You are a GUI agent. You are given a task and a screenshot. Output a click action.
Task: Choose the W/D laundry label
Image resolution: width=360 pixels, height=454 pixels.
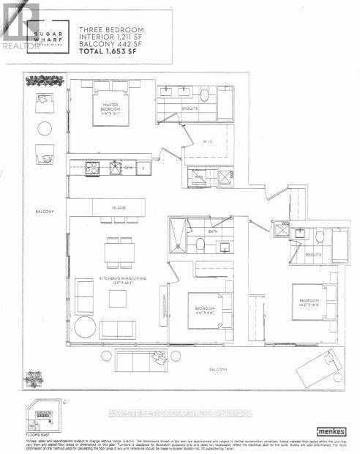click(199, 176)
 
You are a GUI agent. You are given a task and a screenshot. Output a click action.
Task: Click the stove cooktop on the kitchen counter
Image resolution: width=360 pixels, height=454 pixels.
click(93, 167)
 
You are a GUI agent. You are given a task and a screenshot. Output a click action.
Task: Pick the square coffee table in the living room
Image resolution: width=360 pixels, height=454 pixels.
click(119, 298)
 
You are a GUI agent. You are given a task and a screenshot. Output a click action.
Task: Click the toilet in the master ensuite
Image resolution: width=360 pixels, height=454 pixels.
click(206, 95)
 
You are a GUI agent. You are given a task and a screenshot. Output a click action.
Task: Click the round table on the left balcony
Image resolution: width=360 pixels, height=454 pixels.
click(43, 128)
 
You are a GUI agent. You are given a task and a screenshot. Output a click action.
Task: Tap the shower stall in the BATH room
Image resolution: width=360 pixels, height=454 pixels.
click(179, 237)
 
